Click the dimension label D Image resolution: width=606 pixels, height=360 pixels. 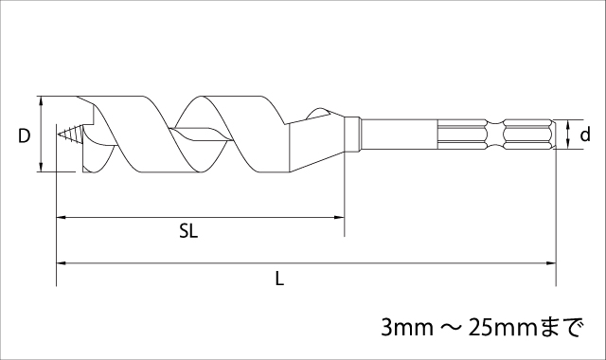coord(24,135)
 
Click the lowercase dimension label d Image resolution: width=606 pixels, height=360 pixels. coord(585,135)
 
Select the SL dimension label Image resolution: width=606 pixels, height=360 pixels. coord(188,231)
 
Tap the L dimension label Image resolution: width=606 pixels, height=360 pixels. coord(279,279)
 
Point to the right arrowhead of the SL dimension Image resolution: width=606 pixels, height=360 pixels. coord(339,217)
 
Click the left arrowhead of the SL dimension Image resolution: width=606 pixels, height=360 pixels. coord(62,217)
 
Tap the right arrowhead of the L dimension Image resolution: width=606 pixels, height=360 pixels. coord(551,263)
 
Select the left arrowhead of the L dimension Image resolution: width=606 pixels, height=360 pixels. coord(62,263)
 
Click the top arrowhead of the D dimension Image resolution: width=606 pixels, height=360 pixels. coord(41,101)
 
